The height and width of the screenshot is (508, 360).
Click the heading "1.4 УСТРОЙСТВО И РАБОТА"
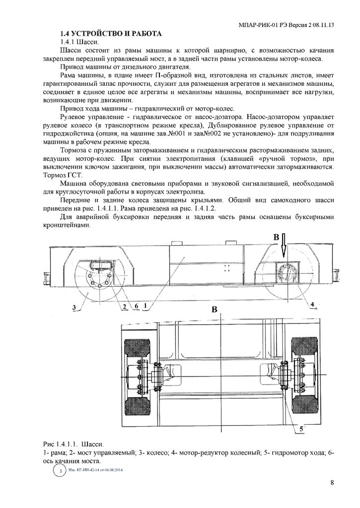[x=109, y=34]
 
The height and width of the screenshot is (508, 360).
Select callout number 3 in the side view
[x=73, y=308]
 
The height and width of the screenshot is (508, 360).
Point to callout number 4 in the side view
[x=312, y=304]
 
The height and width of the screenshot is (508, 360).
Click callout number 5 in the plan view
[x=301, y=426]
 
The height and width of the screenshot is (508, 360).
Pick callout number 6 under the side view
[x=135, y=306]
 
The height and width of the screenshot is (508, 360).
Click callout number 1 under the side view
[x=144, y=306]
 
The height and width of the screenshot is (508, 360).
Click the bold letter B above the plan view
[x=215, y=310]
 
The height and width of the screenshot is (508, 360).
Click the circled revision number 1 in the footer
[x=60, y=470]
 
